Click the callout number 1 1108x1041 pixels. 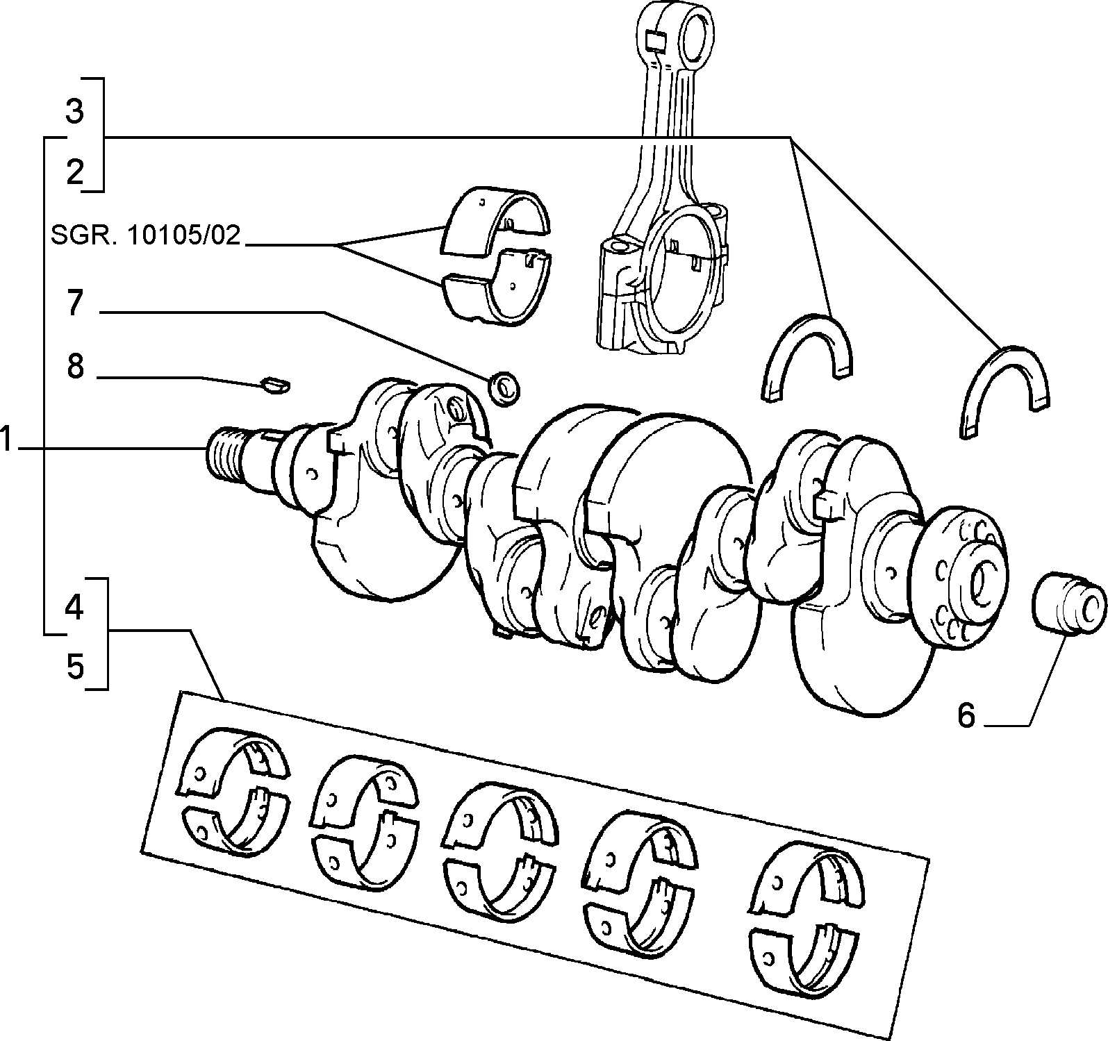6,440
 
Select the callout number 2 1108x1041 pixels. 75,172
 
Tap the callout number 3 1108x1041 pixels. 75,111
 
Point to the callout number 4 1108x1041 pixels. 74,608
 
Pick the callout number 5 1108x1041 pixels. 75,667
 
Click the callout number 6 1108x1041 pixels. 967,715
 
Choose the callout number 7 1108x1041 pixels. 75,303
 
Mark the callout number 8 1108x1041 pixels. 75,366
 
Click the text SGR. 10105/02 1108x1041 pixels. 145,235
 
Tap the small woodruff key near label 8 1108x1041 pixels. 276,384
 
